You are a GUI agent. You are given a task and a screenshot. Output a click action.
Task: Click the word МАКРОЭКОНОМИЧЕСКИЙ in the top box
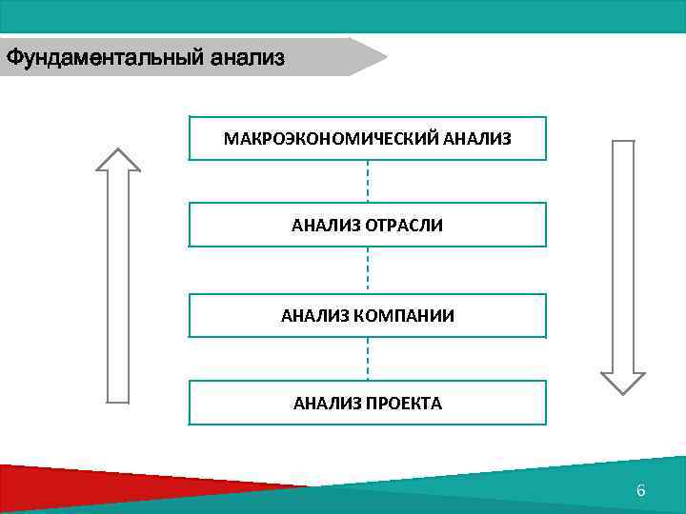pos(331,139)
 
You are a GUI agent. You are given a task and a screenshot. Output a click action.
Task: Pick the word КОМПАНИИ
pos(405,315)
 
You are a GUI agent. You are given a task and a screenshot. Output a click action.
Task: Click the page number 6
pos(640,491)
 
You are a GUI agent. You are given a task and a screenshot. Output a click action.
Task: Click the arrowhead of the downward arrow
pos(623,381)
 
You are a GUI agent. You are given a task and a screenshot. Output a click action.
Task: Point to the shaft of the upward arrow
pos(118,286)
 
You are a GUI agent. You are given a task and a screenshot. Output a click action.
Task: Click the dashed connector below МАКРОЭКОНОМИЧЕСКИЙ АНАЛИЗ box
pos(368,180)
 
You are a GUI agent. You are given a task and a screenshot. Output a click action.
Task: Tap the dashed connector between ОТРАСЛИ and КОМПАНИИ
pos(368,269)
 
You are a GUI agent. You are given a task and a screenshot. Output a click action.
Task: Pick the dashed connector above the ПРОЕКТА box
pos(368,359)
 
